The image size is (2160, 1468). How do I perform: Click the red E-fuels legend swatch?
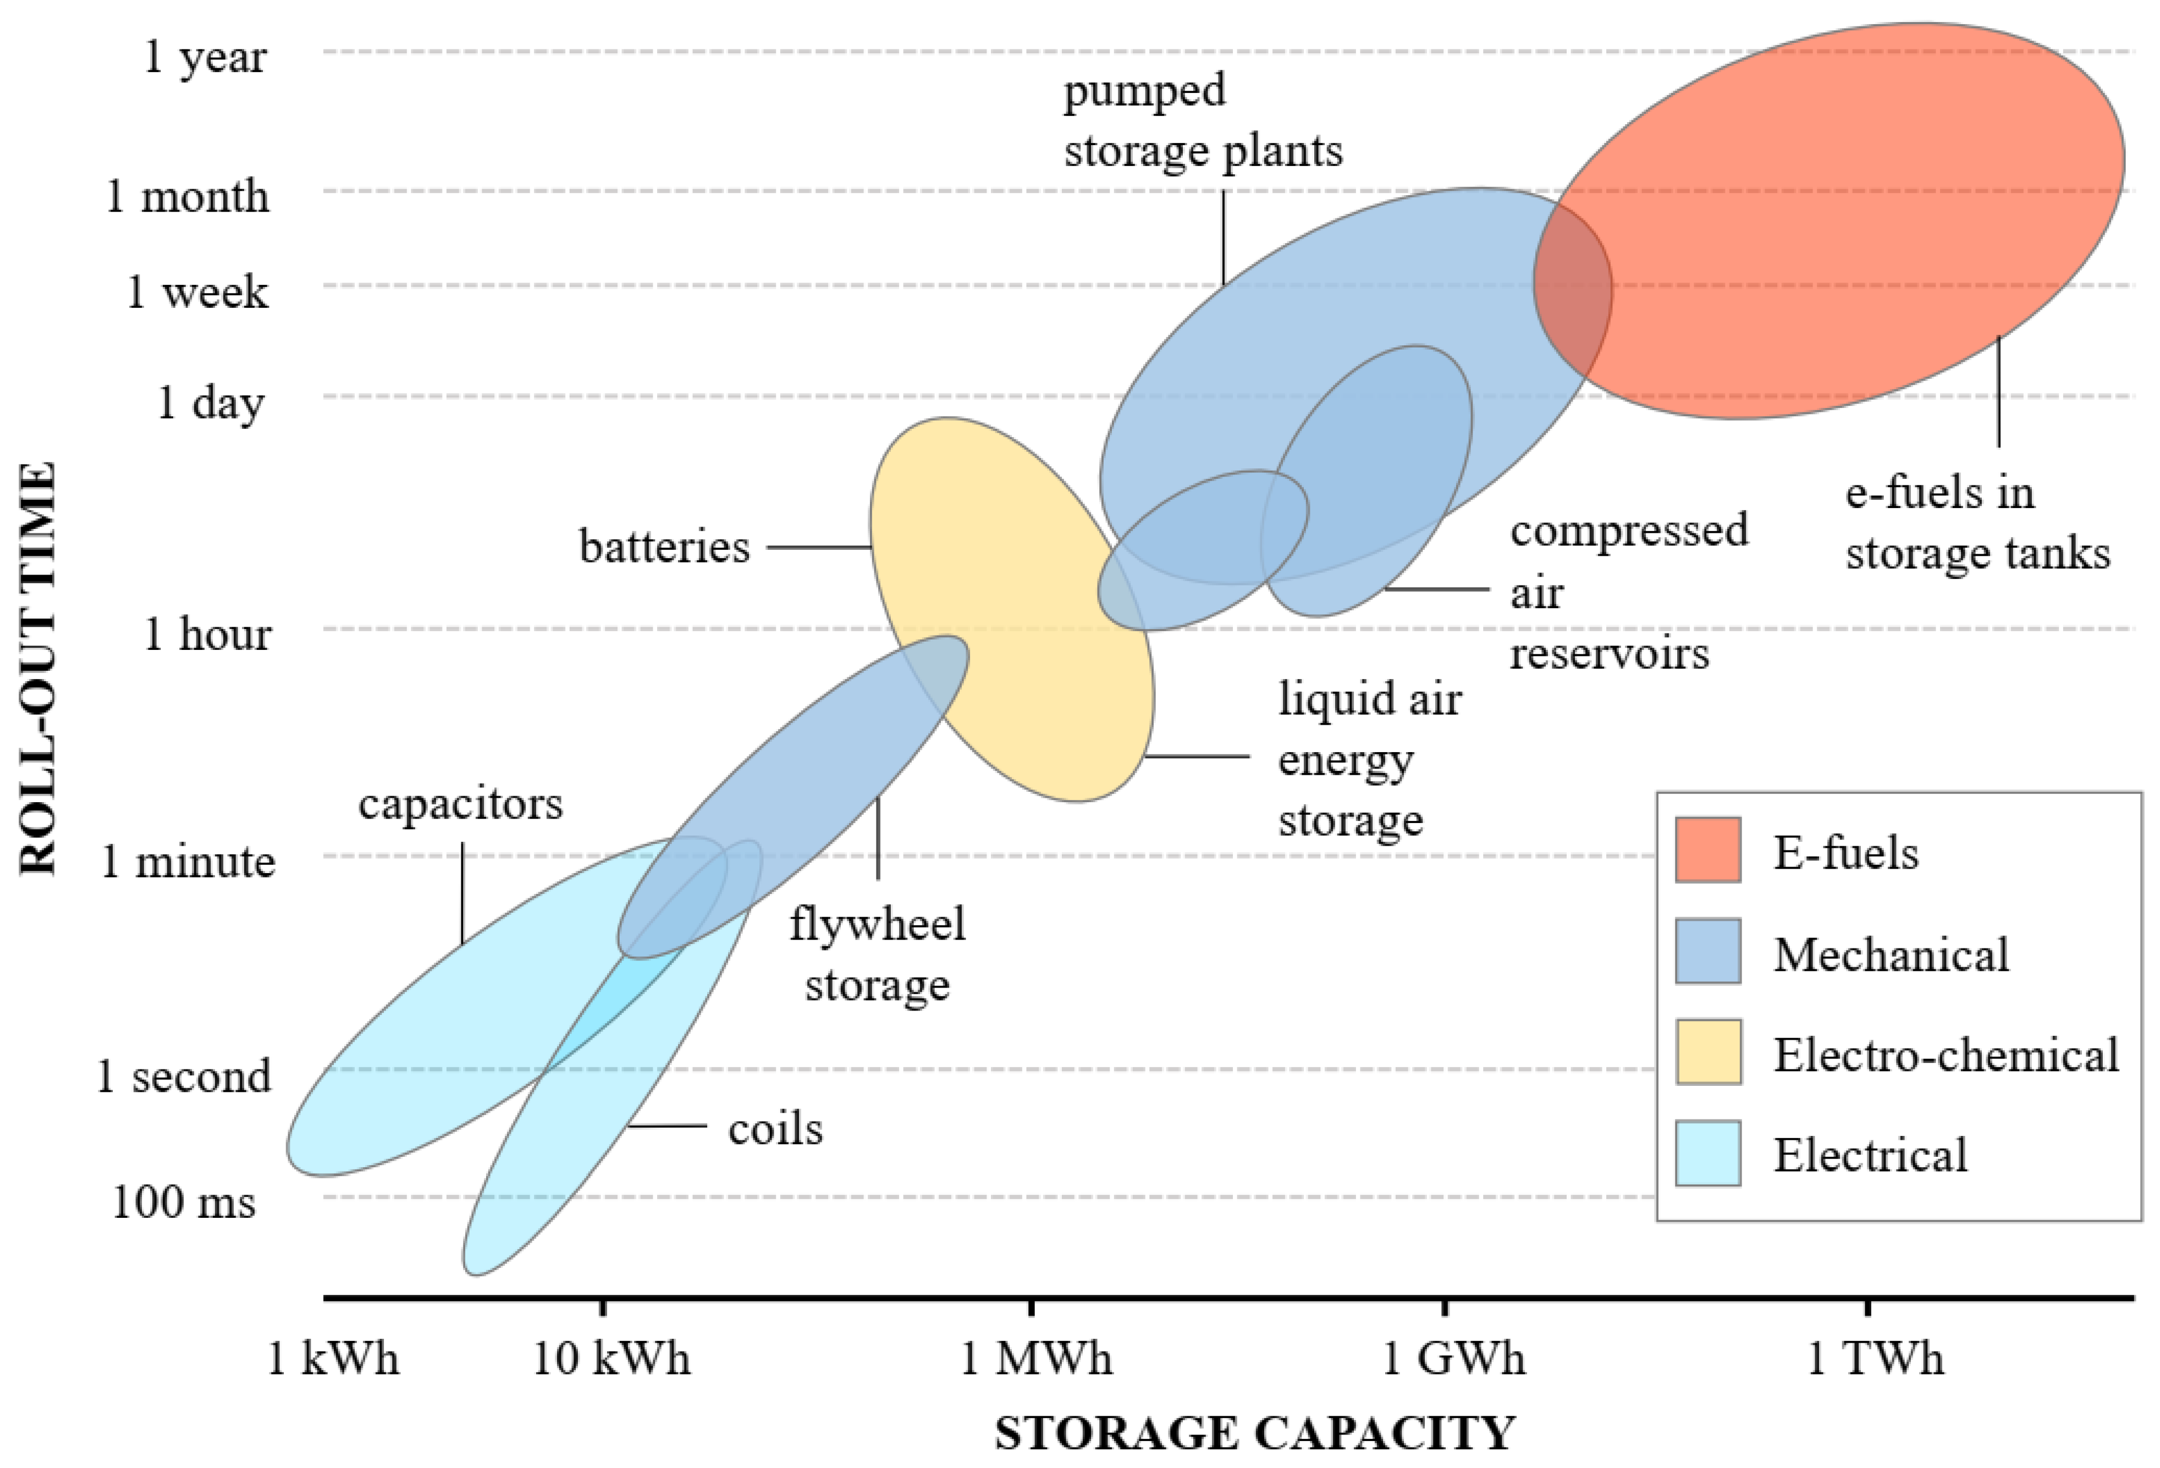tap(1707, 849)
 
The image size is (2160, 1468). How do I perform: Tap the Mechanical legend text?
tap(1891, 955)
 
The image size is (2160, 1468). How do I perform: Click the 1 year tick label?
tap(205, 58)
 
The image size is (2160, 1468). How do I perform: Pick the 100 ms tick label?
tap(183, 1201)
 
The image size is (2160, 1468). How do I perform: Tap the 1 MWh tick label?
tap(1034, 1359)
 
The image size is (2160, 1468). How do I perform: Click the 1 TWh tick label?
tap(1874, 1359)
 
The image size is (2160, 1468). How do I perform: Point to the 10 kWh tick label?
tap(610, 1359)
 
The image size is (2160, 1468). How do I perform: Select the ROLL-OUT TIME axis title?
tap(39, 669)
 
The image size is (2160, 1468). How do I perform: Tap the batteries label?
tap(664, 547)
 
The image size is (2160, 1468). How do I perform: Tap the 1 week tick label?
tap(197, 292)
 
